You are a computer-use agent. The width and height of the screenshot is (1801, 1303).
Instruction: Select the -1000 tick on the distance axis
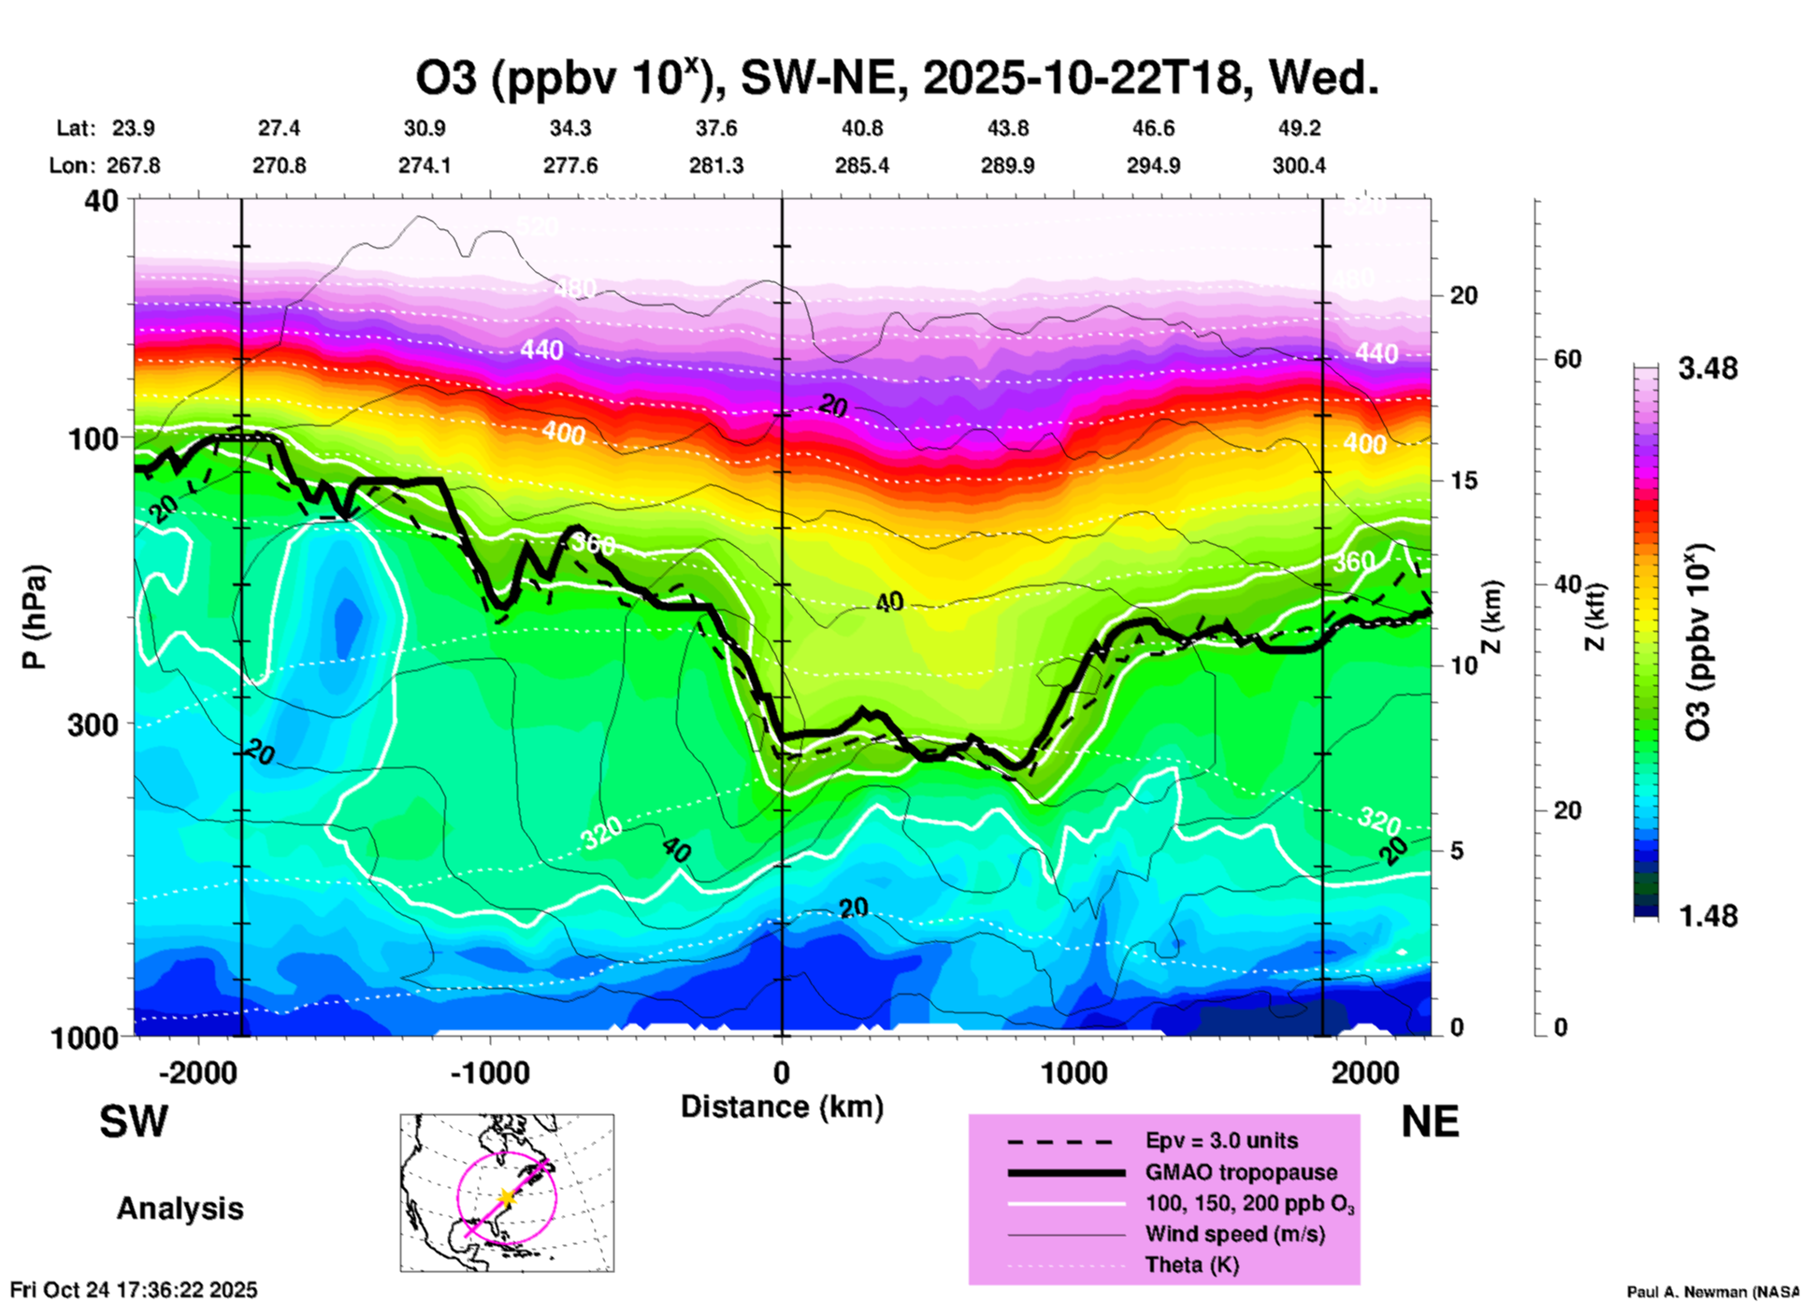(x=489, y=1072)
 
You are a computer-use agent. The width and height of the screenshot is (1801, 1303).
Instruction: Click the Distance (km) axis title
(x=782, y=1107)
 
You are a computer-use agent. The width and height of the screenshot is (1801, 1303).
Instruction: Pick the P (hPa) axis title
(x=35, y=617)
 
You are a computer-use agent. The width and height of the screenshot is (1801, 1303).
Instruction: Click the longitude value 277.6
(x=570, y=165)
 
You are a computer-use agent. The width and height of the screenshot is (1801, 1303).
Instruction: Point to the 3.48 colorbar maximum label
(x=1707, y=368)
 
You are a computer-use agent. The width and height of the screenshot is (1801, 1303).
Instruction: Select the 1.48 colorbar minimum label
(x=1707, y=916)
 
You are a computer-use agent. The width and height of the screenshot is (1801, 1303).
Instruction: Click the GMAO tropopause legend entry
(x=1241, y=1172)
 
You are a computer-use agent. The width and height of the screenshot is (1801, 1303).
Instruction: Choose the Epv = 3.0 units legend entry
(x=1221, y=1141)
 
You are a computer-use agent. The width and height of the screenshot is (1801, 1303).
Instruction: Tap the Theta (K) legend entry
(x=1192, y=1265)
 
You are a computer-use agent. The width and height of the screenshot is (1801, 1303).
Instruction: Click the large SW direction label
(x=134, y=1122)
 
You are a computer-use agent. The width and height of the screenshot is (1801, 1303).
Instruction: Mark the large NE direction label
(x=1430, y=1122)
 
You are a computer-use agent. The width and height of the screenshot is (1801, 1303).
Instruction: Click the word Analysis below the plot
(x=180, y=1209)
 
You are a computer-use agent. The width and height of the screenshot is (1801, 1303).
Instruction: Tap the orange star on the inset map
(x=506, y=1197)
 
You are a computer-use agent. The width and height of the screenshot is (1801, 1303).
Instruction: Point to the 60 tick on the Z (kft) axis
(x=1567, y=359)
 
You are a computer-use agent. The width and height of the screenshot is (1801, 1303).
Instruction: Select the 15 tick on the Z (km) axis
(x=1463, y=480)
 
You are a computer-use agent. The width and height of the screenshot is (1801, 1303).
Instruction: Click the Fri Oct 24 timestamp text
(x=134, y=1290)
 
